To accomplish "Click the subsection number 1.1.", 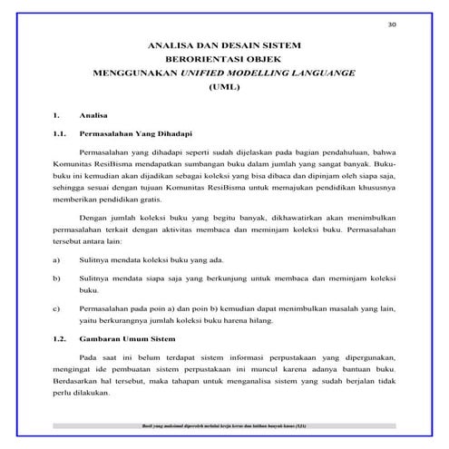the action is pos(60,134).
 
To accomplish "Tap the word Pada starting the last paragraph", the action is pos(90,358).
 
